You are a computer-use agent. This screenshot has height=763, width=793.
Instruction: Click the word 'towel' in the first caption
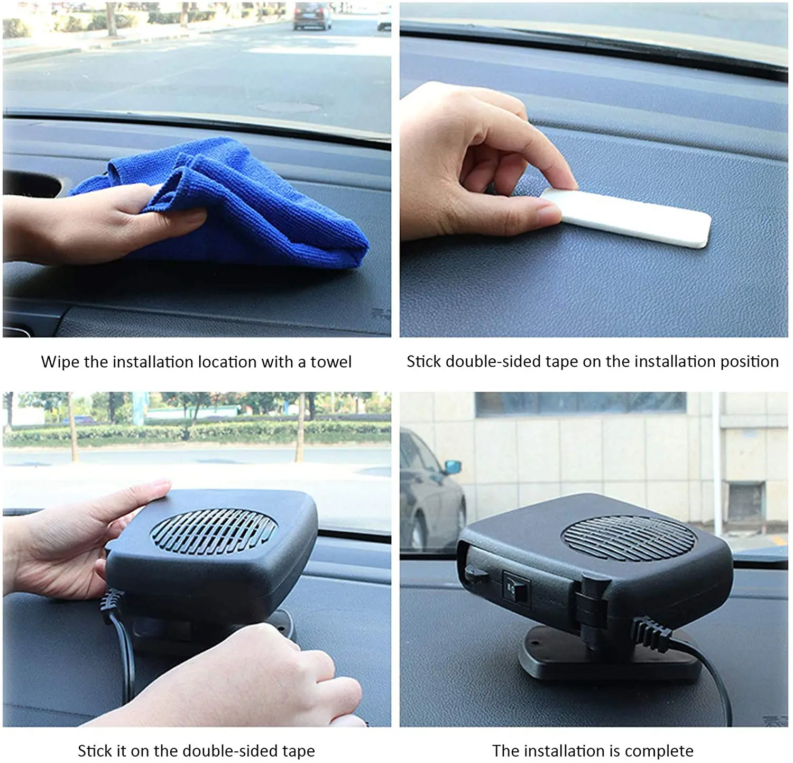(330, 362)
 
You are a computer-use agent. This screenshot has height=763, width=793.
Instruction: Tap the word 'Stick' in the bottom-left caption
(94, 751)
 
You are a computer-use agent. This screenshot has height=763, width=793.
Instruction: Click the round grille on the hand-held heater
(214, 531)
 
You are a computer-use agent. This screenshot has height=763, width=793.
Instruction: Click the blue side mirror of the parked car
(453, 467)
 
